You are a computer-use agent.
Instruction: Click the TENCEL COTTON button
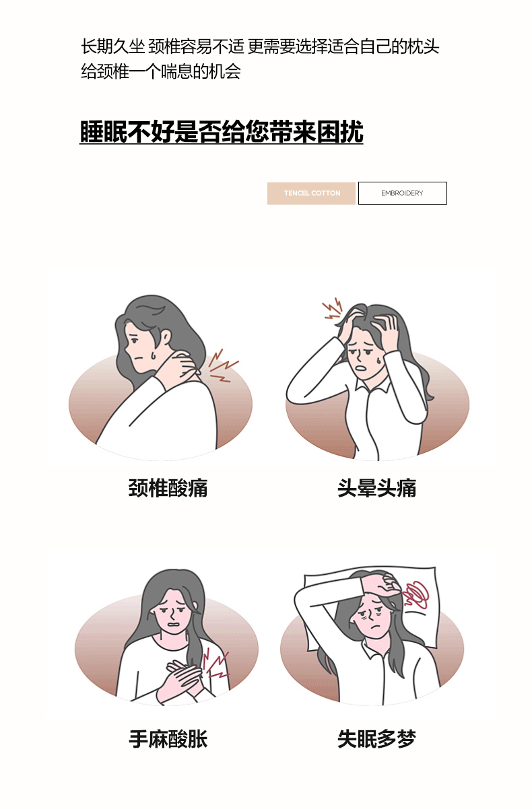[x=311, y=193]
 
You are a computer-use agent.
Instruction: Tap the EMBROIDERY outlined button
[x=403, y=193]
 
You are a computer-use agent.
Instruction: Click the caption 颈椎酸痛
[x=168, y=488]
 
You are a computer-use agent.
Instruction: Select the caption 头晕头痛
[x=377, y=488]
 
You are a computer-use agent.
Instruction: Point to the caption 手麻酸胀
[x=168, y=739]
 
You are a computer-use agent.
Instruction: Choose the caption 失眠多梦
[x=377, y=739]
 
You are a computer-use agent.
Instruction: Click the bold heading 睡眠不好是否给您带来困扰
[x=222, y=132]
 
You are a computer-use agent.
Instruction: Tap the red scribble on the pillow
[x=415, y=594]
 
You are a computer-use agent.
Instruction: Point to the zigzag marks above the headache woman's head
[x=333, y=309]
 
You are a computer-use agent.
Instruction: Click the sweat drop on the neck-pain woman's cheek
[x=154, y=355]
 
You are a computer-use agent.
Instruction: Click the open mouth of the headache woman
[x=362, y=368]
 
